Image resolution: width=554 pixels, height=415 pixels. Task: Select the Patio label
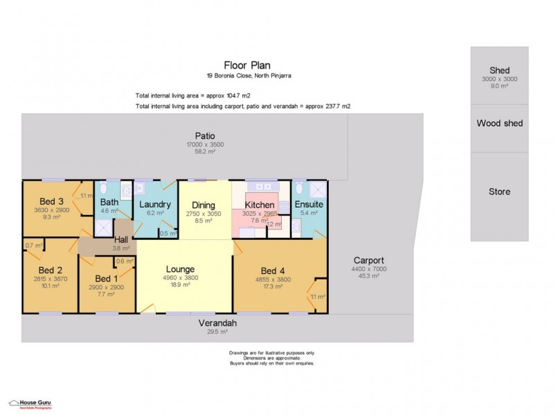pyautogui.click(x=204, y=136)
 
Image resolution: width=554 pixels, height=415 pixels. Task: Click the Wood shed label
pyautogui.click(x=499, y=123)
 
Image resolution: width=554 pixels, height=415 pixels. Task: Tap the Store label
pyautogui.click(x=499, y=192)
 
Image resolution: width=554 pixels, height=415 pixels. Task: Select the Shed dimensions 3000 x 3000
pyautogui.click(x=499, y=79)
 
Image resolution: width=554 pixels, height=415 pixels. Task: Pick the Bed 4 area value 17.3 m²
pyautogui.click(x=272, y=286)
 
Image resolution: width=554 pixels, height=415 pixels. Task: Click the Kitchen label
pyautogui.click(x=260, y=205)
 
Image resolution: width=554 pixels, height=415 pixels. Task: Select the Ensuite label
pyautogui.click(x=309, y=205)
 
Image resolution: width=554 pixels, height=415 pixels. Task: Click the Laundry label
pyautogui.click(x=155, y=205)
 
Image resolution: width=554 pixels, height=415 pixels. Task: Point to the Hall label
pyautogui.click(x=121, y=239)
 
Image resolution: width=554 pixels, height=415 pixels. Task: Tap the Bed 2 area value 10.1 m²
pyautogui.click(x=50, y=286)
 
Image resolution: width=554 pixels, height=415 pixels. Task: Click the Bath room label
pyautogui.click(x=109, y=202)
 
